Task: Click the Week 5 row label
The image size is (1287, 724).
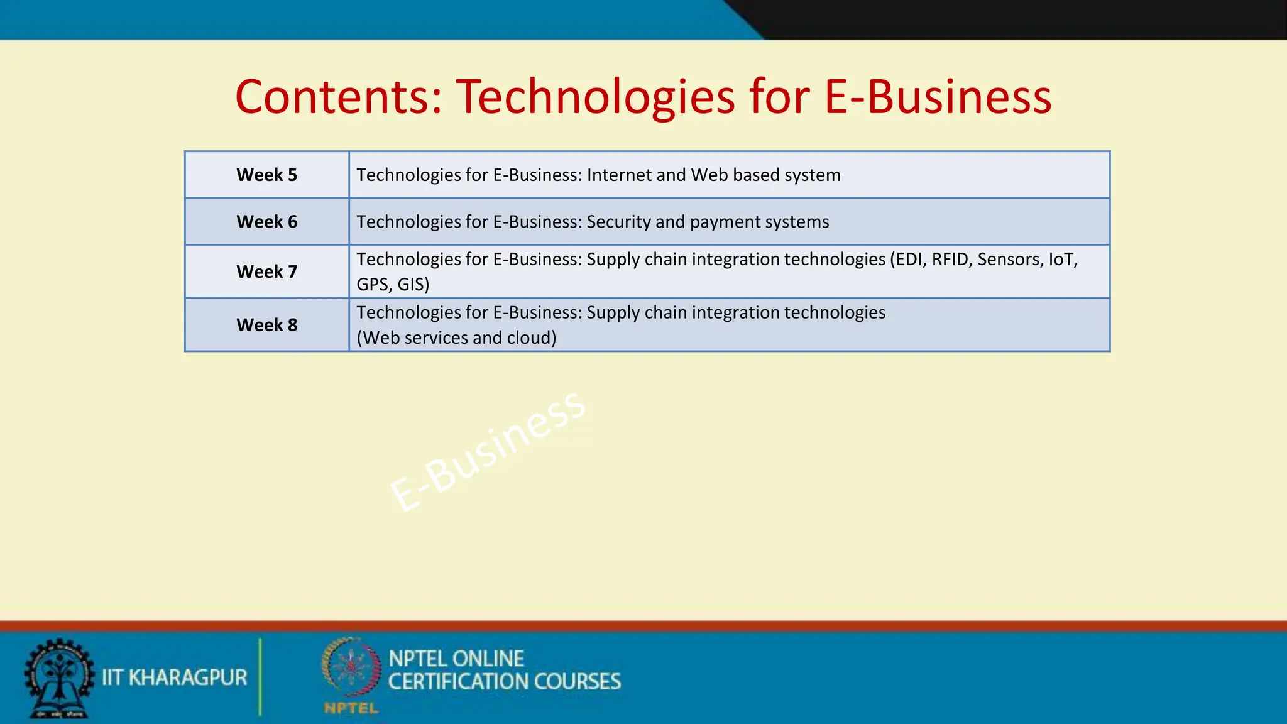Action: tap(266, 175)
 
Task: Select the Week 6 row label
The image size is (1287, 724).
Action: tap(266, 222)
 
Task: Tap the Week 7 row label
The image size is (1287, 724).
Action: tap(266, 271)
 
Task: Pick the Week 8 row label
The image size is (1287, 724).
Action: tap(266, 325)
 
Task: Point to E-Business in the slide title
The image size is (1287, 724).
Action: tap(937, 97)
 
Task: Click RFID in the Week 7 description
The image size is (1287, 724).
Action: tap(951, 259)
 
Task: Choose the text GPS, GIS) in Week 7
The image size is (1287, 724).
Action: tap(393, 284)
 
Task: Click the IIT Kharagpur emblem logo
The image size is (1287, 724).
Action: tap(58, 678)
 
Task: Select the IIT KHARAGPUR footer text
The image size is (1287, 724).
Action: tap(175, 677)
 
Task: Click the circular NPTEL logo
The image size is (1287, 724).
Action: tap(351, 667)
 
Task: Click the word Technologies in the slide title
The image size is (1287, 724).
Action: tap(594, 97)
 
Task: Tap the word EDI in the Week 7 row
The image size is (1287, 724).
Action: tap(909, 259)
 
